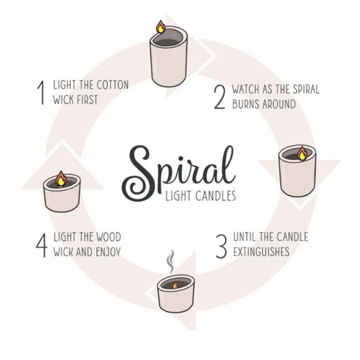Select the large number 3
coord(220,245)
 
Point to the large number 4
coord(42,245)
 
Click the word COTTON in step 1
coord(111,85)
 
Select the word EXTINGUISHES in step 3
coord(262,252)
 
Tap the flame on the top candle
coord(161,27)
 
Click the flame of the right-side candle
coord(302,153)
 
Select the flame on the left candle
coord(61,179)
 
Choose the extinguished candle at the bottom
coord(176,292)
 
